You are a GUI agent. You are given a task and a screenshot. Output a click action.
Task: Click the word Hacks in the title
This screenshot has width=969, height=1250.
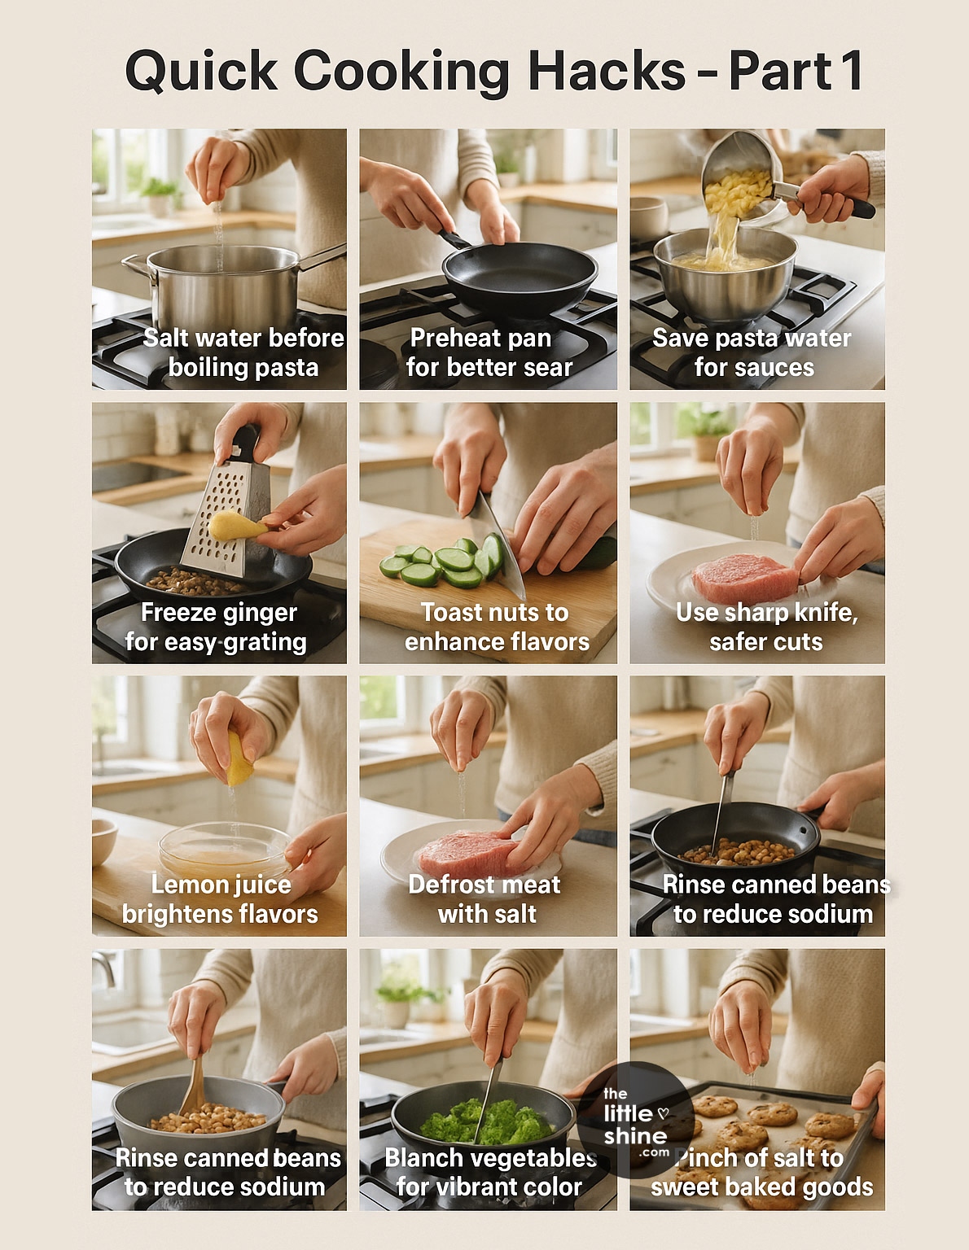[606, 71]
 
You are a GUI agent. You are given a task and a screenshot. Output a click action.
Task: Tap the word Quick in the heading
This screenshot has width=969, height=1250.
[201, 71]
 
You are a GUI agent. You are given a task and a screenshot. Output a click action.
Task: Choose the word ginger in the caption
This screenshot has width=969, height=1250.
[259, 613]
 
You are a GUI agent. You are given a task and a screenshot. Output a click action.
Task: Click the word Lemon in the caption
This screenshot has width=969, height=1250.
[186, 885]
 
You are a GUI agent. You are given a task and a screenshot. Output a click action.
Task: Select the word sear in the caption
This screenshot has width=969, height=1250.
[548, 368]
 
